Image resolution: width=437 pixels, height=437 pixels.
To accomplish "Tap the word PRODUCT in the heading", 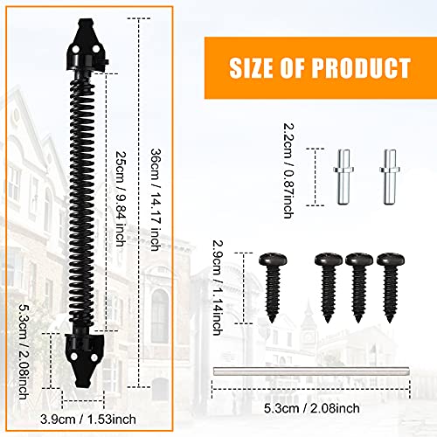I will pyautogui.click(x=366, y=67).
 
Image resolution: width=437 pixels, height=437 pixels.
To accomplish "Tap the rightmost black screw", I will pyautogui.click(x=389, y=283).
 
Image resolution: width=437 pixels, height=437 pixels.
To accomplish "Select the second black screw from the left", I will pyautogui.click(x=327, y=283).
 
